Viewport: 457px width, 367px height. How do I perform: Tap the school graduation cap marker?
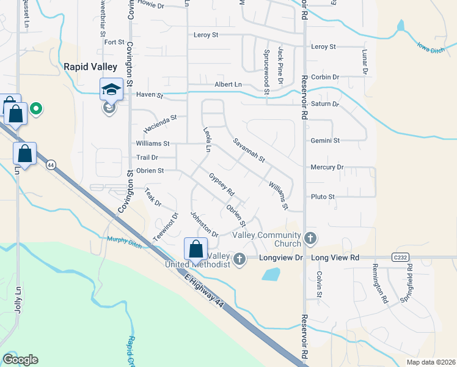pyautogui.click(x=111, y=89)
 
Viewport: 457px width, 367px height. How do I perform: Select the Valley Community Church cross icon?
pyautogui.click(x=310, y=237)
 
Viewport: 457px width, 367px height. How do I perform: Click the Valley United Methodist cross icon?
pyautogui.click(x=239, y=259)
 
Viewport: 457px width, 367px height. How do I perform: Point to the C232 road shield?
pyautogui.click(x=400, y=258)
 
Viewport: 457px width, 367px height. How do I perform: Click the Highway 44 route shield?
pyautogui.click(x=51, y=165)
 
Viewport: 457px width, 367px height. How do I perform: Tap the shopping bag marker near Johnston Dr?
pyautogui.click(x=196, y=249)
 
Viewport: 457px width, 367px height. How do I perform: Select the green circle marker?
pyautogui.click(x=36, y=109)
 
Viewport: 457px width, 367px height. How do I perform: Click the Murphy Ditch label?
pyautogui.click(x=124, y=240)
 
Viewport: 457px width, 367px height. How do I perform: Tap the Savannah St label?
pyautogui.click(x=249, y=150)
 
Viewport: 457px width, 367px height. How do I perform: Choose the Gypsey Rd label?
pyautogui.click(x=222, y=183)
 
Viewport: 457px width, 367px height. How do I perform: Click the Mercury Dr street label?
pyautogui.click(x=327, y=167)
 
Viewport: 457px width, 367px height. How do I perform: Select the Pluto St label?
pyautogui.click(x=323, y=197)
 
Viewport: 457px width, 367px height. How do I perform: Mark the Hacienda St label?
pyautogui.click(x=160, y=124)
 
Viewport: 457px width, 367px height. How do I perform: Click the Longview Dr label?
pyautogui.click(x=281, y=258)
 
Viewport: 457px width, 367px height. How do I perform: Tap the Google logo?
pyautogui.click(x=20, y=360)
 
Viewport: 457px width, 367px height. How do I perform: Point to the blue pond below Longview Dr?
pyautogui.click(x=271, y=274)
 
